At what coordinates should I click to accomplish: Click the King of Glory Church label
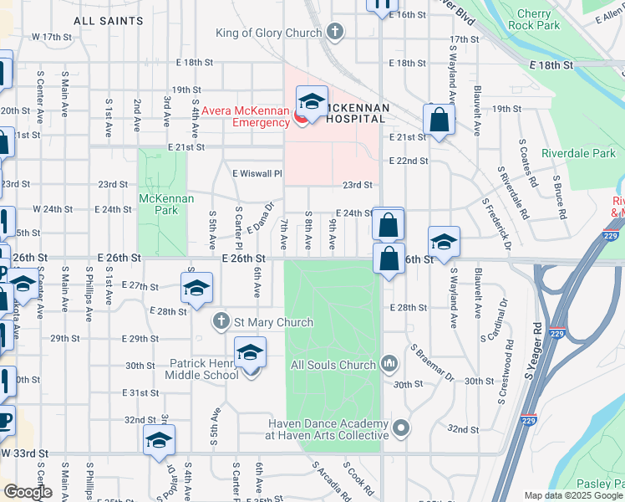(268, 33)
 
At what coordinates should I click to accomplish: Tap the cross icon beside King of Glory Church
(335, 33)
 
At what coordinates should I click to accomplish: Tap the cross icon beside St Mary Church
(221, 321)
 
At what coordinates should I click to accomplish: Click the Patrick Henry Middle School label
(205, 369)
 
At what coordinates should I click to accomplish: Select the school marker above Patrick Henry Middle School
(250, 354)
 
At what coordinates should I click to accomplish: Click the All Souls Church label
(333, 365)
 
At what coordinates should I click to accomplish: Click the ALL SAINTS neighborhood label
(108, 19)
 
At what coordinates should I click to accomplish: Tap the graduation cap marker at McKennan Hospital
(311, 103)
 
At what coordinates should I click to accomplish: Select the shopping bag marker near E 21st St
(439, 120)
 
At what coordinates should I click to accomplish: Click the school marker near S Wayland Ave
(443, 243)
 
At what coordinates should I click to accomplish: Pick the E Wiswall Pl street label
(258, 173)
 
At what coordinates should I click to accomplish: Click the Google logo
(27, 492)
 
